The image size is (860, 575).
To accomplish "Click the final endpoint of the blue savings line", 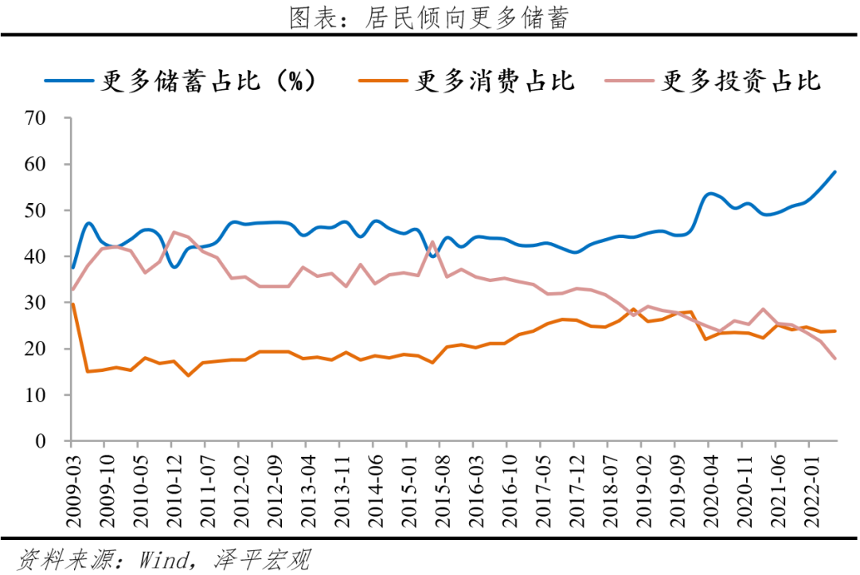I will click(835, 171).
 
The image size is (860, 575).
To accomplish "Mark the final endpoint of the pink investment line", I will click(835, 358).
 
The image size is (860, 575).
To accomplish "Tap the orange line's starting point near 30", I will click(72, 303).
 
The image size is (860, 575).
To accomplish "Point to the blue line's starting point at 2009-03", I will click(72, 268).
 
